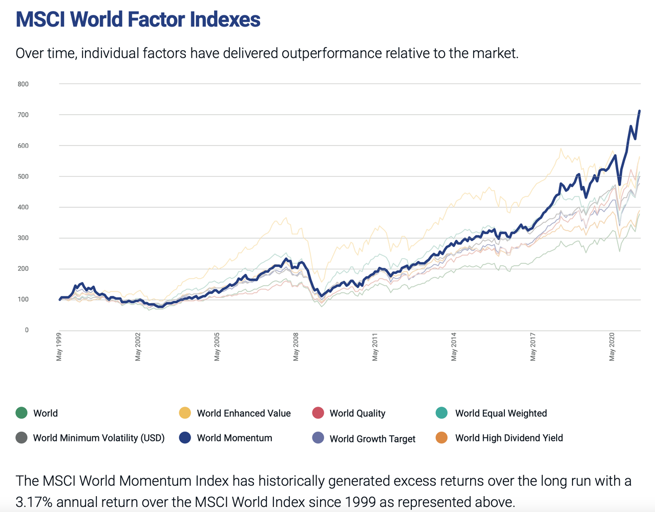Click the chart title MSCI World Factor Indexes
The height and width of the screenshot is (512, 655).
[138, 19]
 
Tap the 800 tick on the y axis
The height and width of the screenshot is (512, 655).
[23, 84]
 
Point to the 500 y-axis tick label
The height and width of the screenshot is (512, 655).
[23, 177]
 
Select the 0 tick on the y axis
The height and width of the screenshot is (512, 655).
[27, 330]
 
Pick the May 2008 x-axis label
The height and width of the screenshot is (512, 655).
[296, 348]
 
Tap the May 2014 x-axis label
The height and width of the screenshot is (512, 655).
[454, 348]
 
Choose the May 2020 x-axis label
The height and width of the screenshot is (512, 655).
[612, 348]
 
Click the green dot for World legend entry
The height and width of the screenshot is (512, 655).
[22, 413]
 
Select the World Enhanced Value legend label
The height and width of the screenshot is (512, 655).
[244, 413]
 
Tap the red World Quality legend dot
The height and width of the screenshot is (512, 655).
[318, 413]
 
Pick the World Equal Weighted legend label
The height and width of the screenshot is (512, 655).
[501, 413]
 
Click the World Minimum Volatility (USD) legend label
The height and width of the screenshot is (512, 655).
[99, 438]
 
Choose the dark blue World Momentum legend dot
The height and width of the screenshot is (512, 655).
[185, 438]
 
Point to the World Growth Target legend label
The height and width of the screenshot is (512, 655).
[372, 439]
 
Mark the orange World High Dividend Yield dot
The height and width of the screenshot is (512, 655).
[441, 438]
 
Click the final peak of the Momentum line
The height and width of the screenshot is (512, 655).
[639, 111]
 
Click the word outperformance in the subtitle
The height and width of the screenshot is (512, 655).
[332, 53]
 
